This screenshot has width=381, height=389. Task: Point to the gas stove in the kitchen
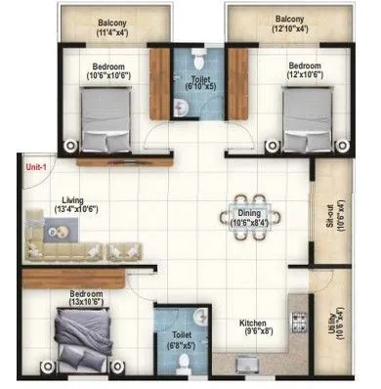(300, 321)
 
